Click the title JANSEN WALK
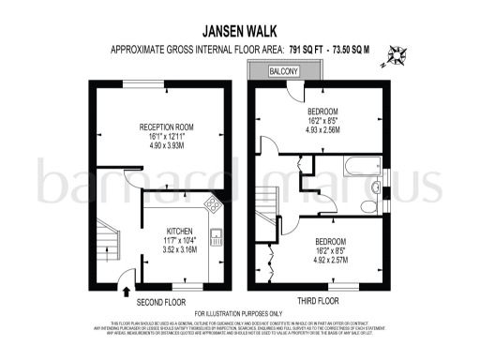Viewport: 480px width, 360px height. (239, 30)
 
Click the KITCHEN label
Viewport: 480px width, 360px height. (181, 231)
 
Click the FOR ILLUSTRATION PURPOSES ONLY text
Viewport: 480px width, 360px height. (239, 313)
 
